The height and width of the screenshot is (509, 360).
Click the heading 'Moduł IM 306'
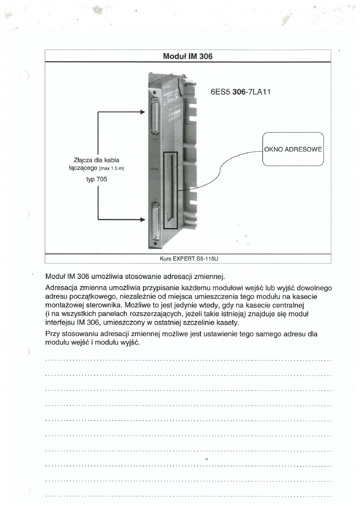[187, 56]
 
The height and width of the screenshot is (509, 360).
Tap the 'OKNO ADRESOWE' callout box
[293, 149]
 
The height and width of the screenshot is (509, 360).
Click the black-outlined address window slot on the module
[170, 191]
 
